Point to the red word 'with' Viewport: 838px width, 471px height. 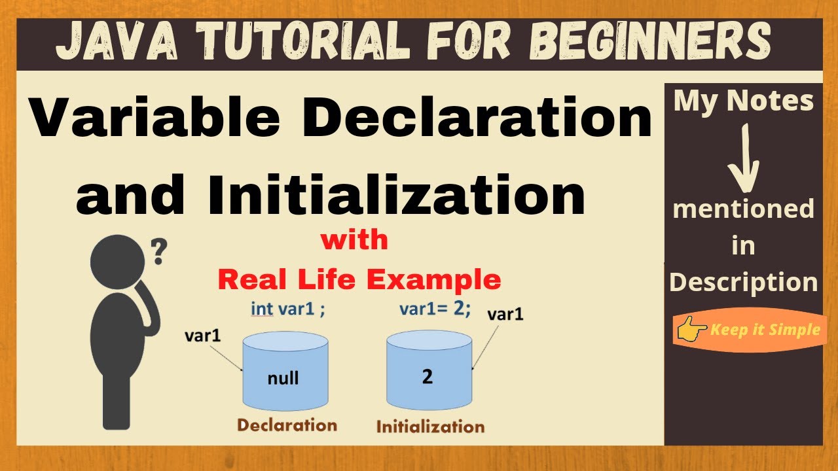click(354, 240)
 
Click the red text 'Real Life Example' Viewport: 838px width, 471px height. click(359, 280)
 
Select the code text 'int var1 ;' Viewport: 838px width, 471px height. click(288, 309)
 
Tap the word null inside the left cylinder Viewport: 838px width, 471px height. click(283, 377)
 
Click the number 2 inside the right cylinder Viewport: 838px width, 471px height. click(428, 377)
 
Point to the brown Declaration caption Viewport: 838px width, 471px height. click(287, 425)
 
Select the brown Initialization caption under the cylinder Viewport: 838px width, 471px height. click(430, 427)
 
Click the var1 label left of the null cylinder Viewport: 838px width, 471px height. click(203, 336)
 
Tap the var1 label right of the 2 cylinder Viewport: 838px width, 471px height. click(506, 314)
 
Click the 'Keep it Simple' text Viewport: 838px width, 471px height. click(765, 330)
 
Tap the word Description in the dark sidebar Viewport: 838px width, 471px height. click(744, 283)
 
